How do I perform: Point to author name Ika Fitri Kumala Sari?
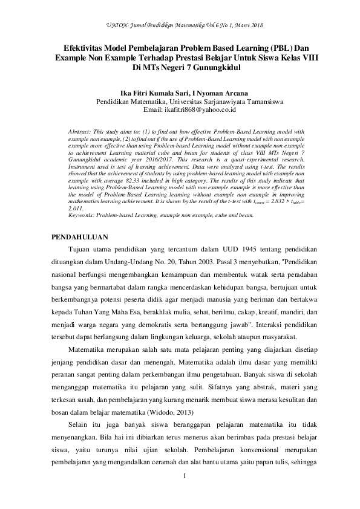[154, 94]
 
